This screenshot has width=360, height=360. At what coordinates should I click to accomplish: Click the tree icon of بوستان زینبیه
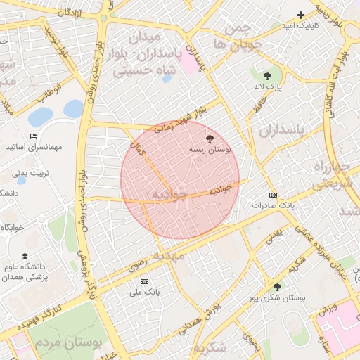[x=209, y=139]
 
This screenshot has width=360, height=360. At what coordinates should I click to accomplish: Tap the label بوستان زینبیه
[x=208, y=150]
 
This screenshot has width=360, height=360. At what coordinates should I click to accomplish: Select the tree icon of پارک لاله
[x=266, y=75]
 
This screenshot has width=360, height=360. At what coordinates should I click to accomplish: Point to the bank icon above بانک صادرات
[x=274, y=195]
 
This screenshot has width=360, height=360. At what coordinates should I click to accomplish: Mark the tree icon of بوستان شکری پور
[x=277, y=287]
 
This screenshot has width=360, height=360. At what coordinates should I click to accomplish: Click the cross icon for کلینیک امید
[x=300, y=15]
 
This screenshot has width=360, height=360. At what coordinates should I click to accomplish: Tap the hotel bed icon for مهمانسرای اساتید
[x=33, y=136]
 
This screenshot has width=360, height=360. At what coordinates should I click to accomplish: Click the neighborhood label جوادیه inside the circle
[x=169, y=193]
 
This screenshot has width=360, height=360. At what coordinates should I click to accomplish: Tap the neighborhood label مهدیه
[x=173, y=256]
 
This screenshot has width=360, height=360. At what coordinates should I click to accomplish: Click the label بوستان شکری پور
[x=281, y=298]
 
